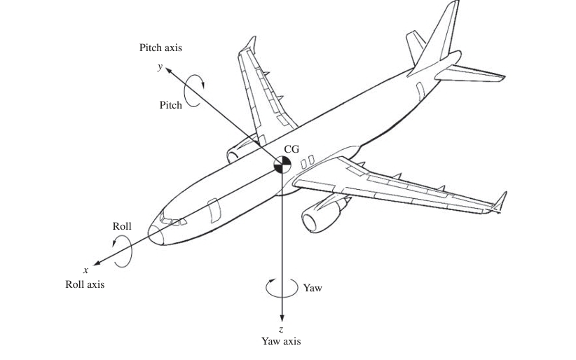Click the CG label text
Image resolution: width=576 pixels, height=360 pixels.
[x=292, y=149]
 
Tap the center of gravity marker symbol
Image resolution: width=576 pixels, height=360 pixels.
[x=282, y=164]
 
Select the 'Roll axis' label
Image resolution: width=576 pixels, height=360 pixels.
[x=85, y=284]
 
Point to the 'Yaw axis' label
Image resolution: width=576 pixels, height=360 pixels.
[x=281, y=341]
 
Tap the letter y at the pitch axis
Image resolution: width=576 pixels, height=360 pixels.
[x=160, y=67]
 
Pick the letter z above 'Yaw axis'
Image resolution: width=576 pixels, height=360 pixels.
[x=281, y=328]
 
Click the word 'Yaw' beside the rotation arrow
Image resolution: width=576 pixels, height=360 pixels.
[x=313, y=288]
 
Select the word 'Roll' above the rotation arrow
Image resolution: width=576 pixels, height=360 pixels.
[x=121, y=226]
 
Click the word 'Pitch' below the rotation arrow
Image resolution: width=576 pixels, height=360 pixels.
[x=170, y=105]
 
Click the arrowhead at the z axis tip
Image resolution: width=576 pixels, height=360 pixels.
[x=281, y=317]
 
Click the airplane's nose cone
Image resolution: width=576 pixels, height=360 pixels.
[x=156, y=234]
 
